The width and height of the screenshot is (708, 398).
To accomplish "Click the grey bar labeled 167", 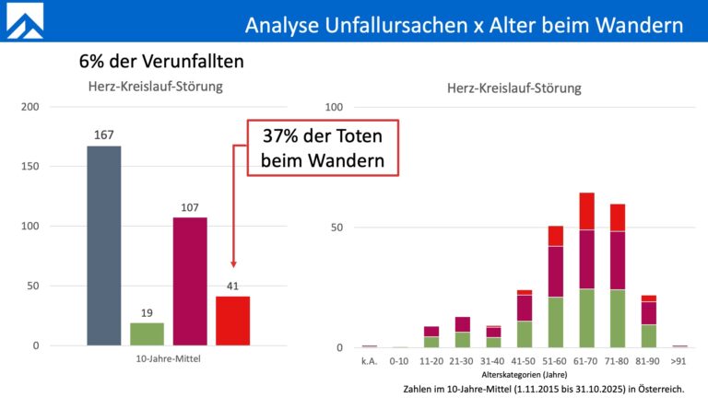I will pyautogui.click(x=103, y=245).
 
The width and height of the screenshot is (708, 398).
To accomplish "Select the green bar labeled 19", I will pyautogui.click(x=147, y=334).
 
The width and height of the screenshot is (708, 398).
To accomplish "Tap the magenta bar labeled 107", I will pyautogui.click(x=190, y=281).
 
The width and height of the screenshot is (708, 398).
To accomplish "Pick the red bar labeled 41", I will pyautogui.click(x=232, y=321).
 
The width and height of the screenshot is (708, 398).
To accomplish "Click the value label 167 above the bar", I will pyautogui.click(x=103, y=135).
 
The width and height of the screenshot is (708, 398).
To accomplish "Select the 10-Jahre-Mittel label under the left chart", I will pyautogui.click(x=168, y=359).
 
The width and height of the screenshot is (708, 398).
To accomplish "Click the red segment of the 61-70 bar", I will pyautogui.click(x=586, y=211).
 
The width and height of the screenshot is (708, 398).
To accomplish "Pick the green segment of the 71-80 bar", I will pyautogui.click(x=618, y=319).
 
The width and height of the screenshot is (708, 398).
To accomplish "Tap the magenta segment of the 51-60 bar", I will pyautogui.click(x=555, y=271).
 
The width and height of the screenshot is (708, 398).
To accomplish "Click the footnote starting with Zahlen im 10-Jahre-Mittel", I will pyautogui.click(x=543, y=389).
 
